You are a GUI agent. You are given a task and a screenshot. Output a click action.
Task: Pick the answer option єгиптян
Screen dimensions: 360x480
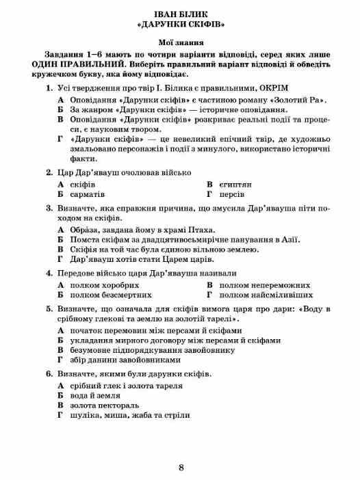[235, 185]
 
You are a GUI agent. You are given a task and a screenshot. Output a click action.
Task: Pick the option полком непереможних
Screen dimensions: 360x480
[257, 284]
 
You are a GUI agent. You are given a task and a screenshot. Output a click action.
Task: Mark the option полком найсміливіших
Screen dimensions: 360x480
[261, 295]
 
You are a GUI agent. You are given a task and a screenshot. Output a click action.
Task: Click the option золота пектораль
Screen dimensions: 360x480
[105, 404]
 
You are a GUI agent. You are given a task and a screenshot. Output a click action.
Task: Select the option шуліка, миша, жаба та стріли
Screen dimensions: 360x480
[129, 414]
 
